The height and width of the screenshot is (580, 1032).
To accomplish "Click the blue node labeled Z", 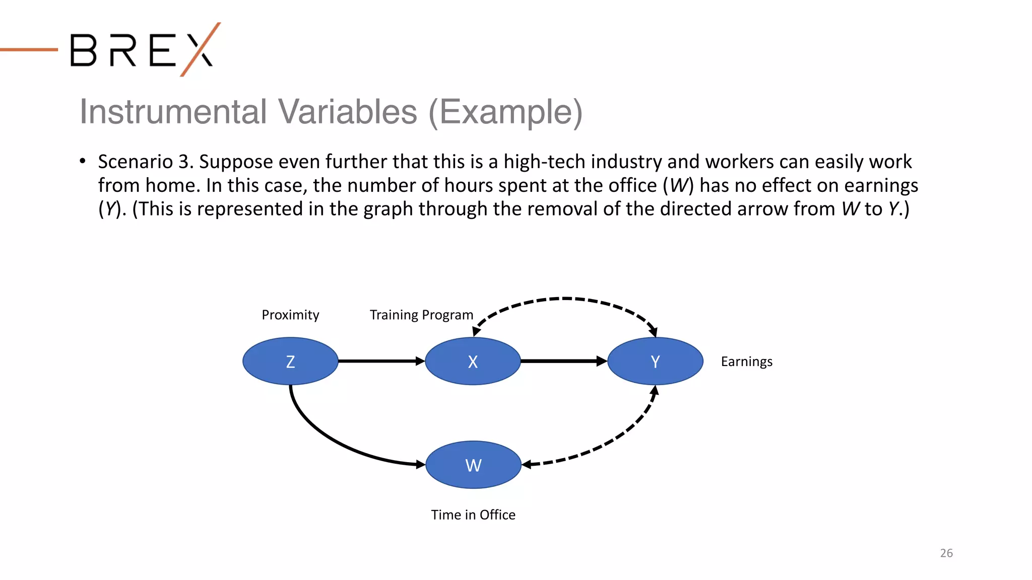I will tap(290, 361).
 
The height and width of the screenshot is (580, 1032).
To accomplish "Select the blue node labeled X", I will tap(473, 361).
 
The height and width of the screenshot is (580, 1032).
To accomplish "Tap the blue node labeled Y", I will tap(655, 361).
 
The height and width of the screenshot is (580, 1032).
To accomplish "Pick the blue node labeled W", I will tap(473, 465).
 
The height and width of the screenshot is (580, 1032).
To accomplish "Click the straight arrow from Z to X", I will tap(381, 361).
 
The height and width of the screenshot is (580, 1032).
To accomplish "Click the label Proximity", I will tap(290, 315).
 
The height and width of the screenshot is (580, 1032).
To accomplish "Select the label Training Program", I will tap(421, 315).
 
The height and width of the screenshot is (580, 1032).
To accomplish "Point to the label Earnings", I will tap(746, 362).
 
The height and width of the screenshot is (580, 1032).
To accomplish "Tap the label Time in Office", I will tap(473, 515).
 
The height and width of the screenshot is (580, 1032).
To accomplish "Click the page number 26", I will tap(946, 553).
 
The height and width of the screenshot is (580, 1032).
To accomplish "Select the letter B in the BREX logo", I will tap(83, 50).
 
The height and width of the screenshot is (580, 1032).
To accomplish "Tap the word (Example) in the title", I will tap(505, 112).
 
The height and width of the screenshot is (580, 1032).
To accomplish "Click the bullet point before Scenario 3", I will tap(83, 162).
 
